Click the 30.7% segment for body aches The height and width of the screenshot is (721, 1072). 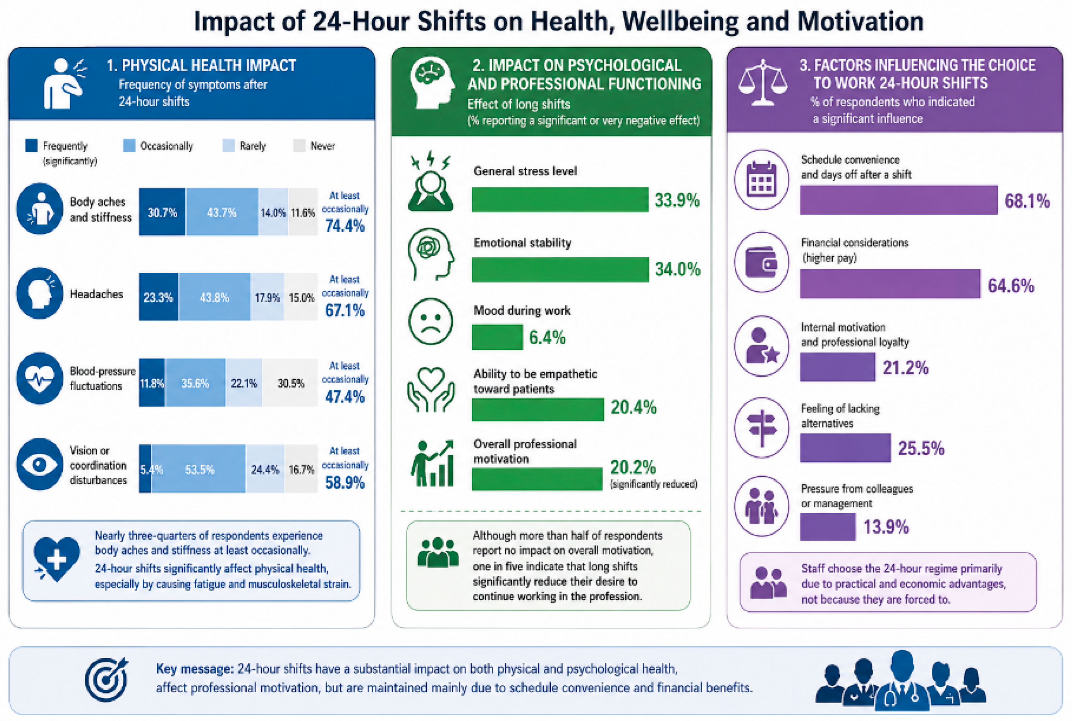point(162,212)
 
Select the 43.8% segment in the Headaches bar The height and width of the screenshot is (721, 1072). point(215,297)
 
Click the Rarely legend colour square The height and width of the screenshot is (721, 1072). point(228,145)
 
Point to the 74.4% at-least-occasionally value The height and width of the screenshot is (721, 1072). point(345,226)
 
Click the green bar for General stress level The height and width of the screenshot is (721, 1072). point(560,199)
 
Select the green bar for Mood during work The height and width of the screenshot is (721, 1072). point(497,337)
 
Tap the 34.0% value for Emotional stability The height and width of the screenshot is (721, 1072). point(677,269)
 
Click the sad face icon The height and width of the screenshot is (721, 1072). point(431,322)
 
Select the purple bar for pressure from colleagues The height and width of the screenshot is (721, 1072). point(828,527)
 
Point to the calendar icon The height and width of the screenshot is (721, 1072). point(762,179)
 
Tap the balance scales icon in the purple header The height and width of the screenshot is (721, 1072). point(763,83)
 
